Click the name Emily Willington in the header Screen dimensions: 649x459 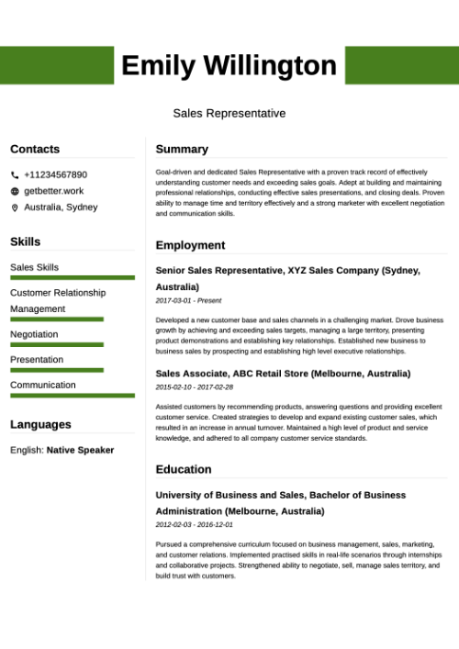pyautogui.click(x=229, y=65)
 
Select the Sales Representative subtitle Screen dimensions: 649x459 pyautogui.click(x=229, y=113)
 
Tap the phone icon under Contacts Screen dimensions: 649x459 pyautogui.click(x=15, y=174)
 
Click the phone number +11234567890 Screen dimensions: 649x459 pyautogui.click(x=55, y=174)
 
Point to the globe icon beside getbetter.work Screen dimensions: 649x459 pyautogui.click(x=15, y=191)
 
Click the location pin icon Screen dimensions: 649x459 pyautogui.click(x=15, y=207)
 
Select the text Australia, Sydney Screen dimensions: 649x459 pyautogui.click(x=61, y=207)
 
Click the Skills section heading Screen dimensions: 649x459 pyautogui.click(x=25, y=241)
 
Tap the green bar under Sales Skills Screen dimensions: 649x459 pyautogui.click(x=73, y=277)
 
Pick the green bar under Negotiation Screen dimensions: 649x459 pyautogui.click(x=57, y=344)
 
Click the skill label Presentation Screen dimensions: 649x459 pyautogui.click(x=37, y=360)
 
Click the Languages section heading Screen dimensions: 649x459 pyautogui.click(x=40, y=424)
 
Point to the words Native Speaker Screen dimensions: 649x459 pyautogui.click(x=81, y=450)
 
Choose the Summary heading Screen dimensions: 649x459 pyautogui.click(x=182, y=149)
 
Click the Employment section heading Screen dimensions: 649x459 pyautogui.click(x=190, y=245)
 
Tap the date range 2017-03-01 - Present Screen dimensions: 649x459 pyautogui.click(x=188, y=300)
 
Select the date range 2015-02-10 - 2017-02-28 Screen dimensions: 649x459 pyautogui.click(x=194, y=387)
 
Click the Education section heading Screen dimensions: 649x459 pyautogui.click(x=184, y=469)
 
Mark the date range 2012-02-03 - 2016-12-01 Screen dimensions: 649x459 pyautogui.click(x=194, y=525)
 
